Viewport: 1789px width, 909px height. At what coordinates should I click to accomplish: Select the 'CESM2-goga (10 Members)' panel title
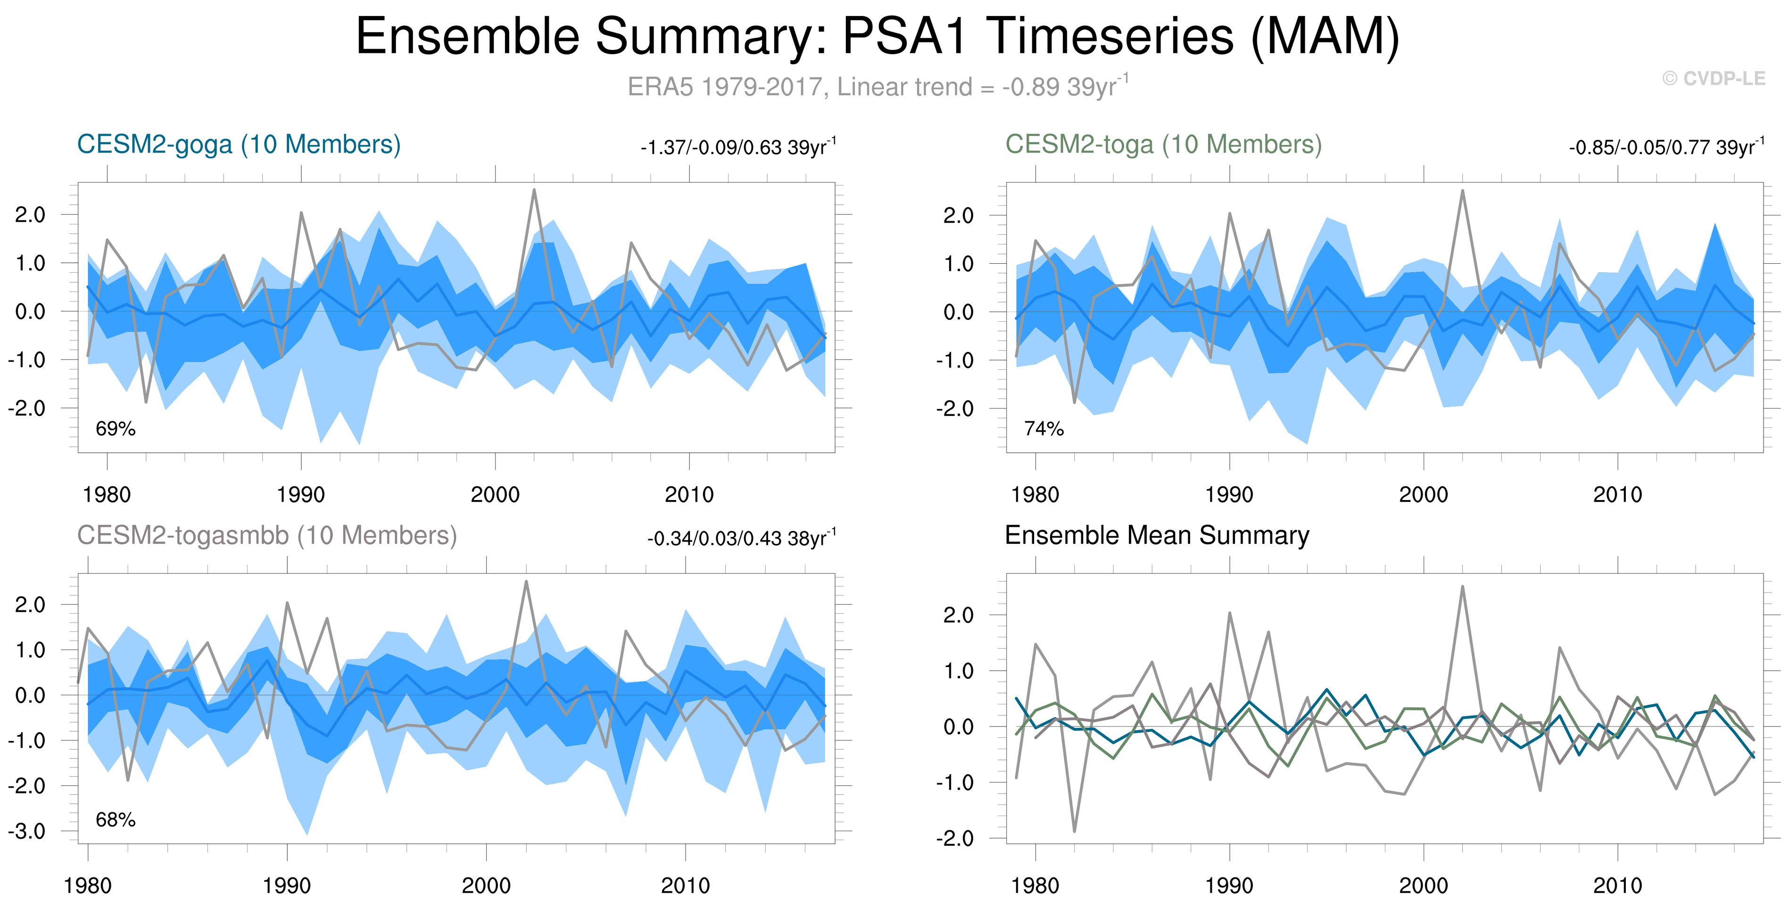239,144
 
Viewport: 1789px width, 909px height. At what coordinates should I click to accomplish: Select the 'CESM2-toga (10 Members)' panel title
1163,144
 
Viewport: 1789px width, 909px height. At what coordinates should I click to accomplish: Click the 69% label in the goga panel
115,429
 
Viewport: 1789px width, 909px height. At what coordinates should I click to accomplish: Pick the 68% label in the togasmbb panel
115,820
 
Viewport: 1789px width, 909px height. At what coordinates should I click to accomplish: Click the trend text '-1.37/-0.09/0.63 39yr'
737,147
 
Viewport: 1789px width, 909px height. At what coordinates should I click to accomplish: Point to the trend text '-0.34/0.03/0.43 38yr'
740,539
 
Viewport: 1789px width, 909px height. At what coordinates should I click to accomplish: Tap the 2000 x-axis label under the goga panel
495,495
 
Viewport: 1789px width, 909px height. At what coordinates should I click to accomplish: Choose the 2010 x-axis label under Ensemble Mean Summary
1617,885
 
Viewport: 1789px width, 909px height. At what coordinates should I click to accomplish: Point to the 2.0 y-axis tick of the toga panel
958,216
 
